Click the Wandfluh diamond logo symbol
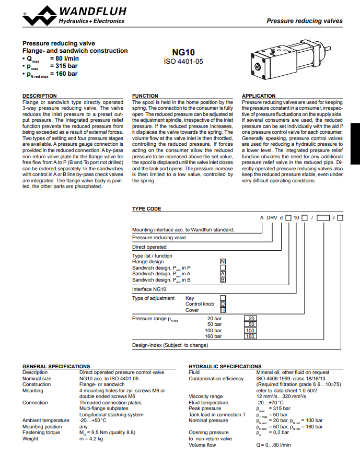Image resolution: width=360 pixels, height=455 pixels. pos(40,16)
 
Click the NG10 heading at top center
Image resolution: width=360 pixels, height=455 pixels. pos(183,52)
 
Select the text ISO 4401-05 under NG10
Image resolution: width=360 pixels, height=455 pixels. pos(183,62)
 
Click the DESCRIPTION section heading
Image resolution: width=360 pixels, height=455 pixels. pos(40,96)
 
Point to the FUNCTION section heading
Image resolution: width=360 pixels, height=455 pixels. pos(145,96)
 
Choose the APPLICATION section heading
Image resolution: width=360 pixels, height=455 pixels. pos(259,96)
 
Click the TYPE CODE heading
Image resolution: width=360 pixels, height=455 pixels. pos(147,208)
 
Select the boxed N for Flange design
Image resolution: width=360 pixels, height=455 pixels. pos(223,262)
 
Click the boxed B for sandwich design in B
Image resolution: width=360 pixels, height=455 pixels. pos(223,280)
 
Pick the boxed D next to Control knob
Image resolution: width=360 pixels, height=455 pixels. pos(223,304)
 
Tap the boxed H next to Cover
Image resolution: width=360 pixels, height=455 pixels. pos(223,310)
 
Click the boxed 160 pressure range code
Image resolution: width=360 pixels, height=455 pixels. pos(250,336)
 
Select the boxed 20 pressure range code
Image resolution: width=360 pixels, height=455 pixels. pos(250,318)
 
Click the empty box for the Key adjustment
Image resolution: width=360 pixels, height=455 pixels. pos(223,298)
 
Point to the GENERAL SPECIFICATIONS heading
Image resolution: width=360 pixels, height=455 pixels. pos(56,367)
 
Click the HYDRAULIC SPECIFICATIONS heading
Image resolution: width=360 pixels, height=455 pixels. pos(225,367)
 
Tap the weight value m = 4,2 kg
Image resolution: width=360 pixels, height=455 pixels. pos(91,439)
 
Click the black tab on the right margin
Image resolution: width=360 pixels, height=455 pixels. pos(355,144)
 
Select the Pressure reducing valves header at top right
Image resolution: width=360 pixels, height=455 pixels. pos(305,21)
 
